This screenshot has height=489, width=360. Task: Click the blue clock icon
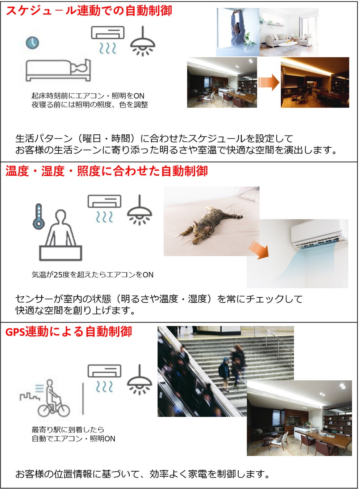pos(33,43)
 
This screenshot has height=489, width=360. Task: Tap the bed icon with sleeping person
pos(58,70)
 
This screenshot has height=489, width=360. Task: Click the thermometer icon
pos(39,217)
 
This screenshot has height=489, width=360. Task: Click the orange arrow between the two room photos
pos(268,82)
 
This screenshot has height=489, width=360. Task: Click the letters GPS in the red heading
pos(15,332)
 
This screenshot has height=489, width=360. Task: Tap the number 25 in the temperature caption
pos(58,275)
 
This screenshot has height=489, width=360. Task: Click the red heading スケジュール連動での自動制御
pos(89,11)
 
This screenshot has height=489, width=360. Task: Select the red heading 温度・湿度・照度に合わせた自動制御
pos(107,171)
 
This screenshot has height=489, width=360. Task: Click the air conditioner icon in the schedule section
pos(108,40)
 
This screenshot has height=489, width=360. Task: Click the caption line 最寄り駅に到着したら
pos(68,430)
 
